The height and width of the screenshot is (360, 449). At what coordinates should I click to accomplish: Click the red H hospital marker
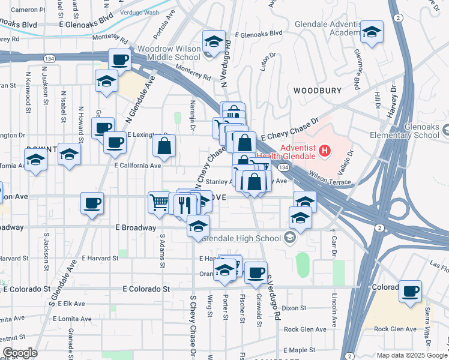click(x=325, y=150)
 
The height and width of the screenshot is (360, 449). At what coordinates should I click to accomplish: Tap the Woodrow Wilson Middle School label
click(x=169, y=53)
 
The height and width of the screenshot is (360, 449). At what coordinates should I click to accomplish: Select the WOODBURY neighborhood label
click(x=318, y=91)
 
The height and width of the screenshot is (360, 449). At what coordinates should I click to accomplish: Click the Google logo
click(x=19, y=353)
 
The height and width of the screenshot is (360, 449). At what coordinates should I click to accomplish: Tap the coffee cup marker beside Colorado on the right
click(x=411, y=292)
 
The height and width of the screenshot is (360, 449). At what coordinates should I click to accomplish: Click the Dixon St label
click(x=294, y=308)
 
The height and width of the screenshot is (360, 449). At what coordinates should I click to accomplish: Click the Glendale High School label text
click(x=242, y=238)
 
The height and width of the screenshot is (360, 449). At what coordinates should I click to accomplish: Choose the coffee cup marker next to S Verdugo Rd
click(x=256, y=273)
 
